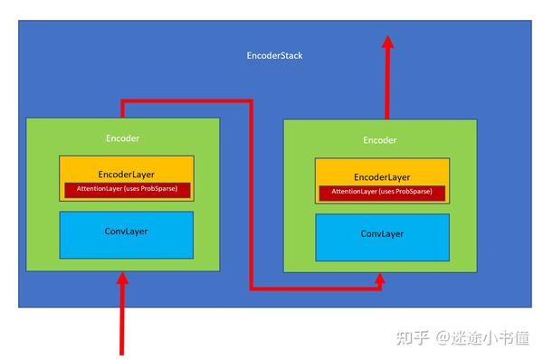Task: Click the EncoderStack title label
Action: tap(274, 56)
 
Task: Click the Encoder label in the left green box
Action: tap(122, 138)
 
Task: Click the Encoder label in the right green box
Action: tap(379, 140)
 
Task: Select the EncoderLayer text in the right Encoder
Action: tap(382, 177)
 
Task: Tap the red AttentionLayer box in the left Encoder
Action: tap(128, 190)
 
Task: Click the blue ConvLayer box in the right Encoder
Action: tap(382, 235)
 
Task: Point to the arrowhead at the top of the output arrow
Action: tap(387, 43)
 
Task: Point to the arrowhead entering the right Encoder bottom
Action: tap(381, 279)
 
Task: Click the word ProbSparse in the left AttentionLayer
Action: tap(167, 190)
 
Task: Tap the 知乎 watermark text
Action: tap(413, 338)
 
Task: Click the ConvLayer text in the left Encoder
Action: tap(126, 232)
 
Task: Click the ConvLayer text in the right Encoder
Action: tap(382, 233)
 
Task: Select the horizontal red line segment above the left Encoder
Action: tap(186, 101)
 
